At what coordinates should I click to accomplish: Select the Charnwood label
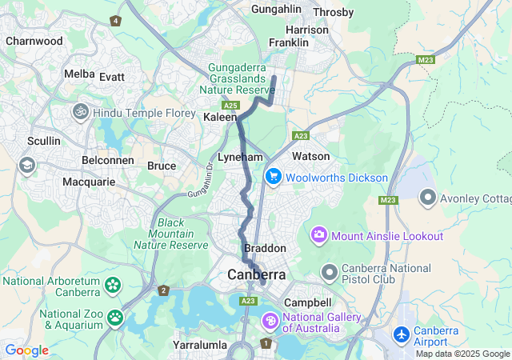pyautogui.click(x=34, y=40)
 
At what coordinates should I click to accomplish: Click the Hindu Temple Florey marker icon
pyautogui.click(x=80, y=112)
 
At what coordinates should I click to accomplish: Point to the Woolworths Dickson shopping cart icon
pyautogui.click(x=272, y=177)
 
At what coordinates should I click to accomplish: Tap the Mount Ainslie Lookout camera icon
pyautogui.click(x=319, y=235)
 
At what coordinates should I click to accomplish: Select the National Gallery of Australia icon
pyautogui.click(x=270, y=321)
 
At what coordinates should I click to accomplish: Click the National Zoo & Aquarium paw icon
pyautogui.click(x=115, y=318)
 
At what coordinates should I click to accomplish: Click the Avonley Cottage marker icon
pyautogui.click(x=427, y=196)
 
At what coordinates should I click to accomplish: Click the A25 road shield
pyautogui.click(x=231, y=106)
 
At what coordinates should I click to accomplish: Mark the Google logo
pyautogui.click(x=26, y=350)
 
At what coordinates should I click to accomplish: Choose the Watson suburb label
pyautogui.click(x=311, y=155)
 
